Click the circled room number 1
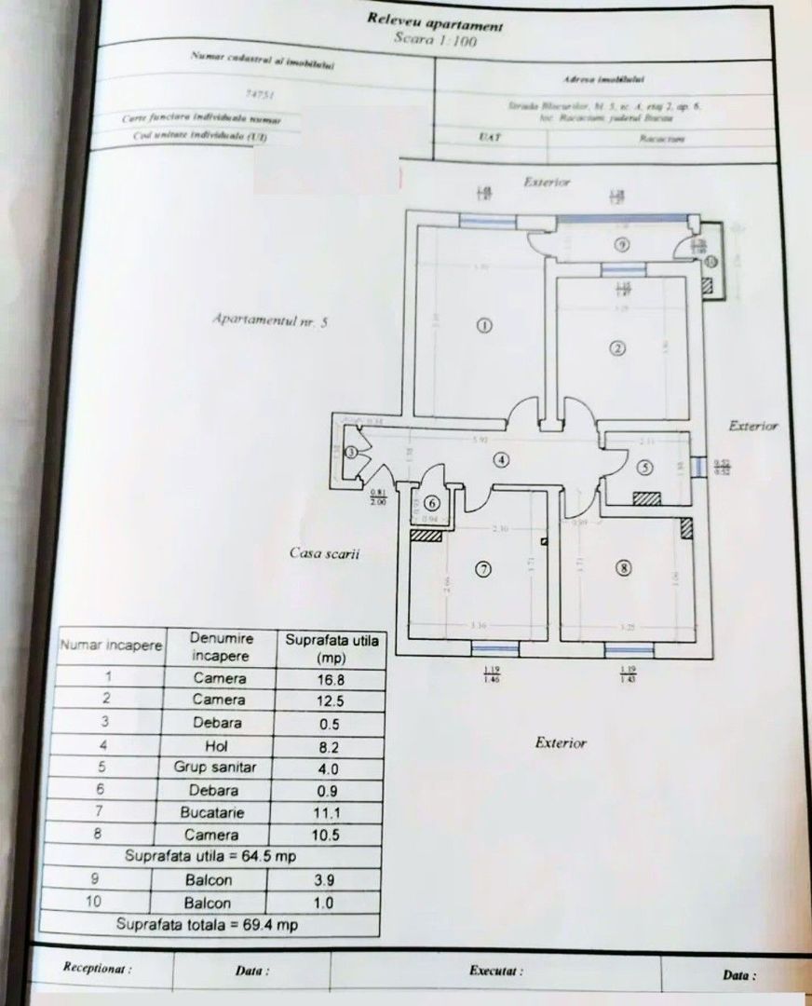coord(483,325)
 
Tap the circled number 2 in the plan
coord(616,349)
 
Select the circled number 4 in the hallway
coord(501,459)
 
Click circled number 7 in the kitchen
coord(481,570)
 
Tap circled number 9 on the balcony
coord(623,244)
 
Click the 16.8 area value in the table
coord(332,679)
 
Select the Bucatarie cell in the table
coord(220,812)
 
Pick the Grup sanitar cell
coord(220,768)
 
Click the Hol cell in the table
coord(220,746)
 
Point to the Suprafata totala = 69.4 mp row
coord(207,925)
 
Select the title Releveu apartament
coord(436,21)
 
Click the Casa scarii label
coord(325,553)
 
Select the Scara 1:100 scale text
coord(436,42)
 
